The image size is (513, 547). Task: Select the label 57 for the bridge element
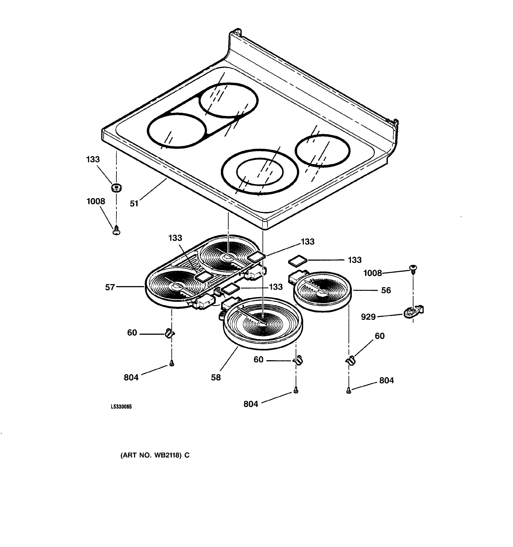click(110, 287)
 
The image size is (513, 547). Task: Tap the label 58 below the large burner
click(216, 377)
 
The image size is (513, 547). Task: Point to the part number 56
click(386, 290)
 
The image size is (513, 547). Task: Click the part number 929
click(368, 317)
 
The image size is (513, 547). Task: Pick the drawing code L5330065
click(121, 407)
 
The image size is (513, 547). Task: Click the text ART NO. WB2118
click(155, 455)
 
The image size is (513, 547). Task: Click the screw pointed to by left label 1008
click(117, 230)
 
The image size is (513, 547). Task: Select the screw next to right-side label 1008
click(413, 268)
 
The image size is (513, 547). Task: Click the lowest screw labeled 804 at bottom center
click(296, 390)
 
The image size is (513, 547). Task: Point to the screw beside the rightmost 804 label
click(349, 390)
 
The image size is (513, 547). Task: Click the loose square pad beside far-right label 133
click(297, 260)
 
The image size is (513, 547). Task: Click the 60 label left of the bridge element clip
click(132, 333)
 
